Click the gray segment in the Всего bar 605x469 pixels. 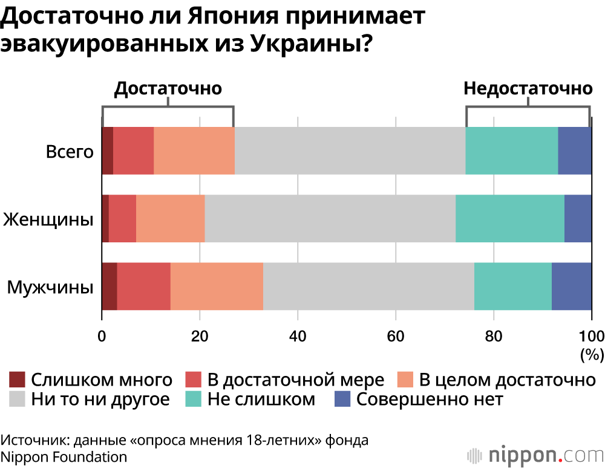350,150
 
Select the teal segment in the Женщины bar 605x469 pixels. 509,219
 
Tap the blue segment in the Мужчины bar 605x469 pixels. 571,286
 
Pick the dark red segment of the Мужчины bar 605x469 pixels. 109,286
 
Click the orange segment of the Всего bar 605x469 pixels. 194,150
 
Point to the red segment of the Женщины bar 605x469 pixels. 122,219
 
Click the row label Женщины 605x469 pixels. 48,219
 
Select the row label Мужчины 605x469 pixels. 50,286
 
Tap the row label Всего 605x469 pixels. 70,151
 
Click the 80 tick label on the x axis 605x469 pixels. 494,336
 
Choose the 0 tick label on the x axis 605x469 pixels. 102,336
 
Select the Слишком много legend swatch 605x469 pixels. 18,380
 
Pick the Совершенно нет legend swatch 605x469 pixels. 342,399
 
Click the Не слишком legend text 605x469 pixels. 261,399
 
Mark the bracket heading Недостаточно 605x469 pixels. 528,88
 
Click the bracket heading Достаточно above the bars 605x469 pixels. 168,88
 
